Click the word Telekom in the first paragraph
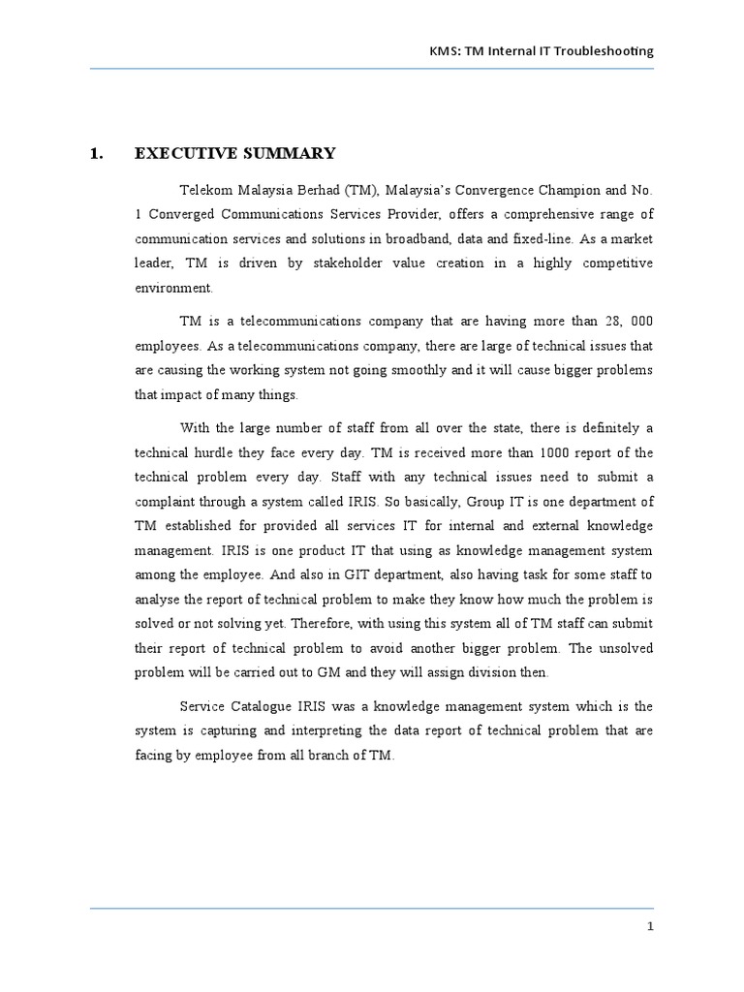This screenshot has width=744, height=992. [204, 189]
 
